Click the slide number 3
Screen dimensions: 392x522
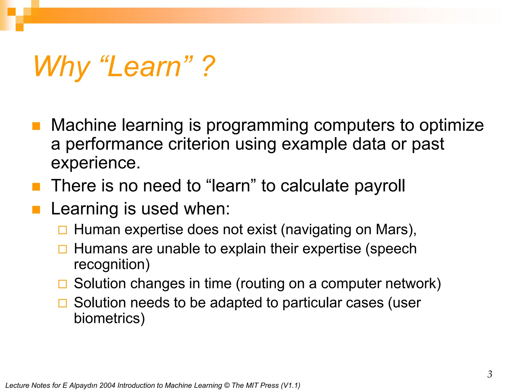click(x=490, y=374)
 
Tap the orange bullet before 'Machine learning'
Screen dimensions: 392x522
click(x=36, y=126)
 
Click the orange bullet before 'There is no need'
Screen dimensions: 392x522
click(x=36, y=187)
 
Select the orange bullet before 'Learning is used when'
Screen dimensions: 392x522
click(x=36, y=210)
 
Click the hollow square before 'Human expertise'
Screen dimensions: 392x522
click(x=62, y=230)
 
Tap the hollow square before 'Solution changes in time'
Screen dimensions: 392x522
click(x=62, y=284)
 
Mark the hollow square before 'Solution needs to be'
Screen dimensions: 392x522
click(x=62, y=303)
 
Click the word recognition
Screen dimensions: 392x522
click(x=112, y=264)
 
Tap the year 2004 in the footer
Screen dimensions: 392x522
click(x=107, y=385)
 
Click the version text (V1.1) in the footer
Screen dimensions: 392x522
click(x=290, y=385)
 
